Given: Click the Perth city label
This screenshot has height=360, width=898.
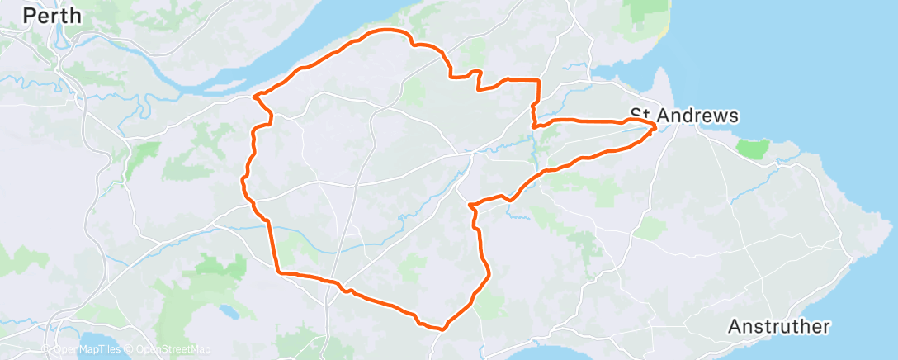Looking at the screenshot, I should [53, 15].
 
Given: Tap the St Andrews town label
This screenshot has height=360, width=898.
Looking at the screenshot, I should [683, 116].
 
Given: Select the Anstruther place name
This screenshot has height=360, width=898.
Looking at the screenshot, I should [778, 327].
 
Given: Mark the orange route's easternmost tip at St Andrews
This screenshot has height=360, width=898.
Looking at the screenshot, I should [656, 126].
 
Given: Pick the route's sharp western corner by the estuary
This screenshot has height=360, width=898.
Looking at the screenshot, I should [254, 97].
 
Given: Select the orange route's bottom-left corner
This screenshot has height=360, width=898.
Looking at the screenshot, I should [278, 271].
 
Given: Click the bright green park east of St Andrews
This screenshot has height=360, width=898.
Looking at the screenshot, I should [752, 149].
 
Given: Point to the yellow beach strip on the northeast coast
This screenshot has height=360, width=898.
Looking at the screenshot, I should [665, 29].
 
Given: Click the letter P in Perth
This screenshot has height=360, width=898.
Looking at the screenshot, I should [29, 15].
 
